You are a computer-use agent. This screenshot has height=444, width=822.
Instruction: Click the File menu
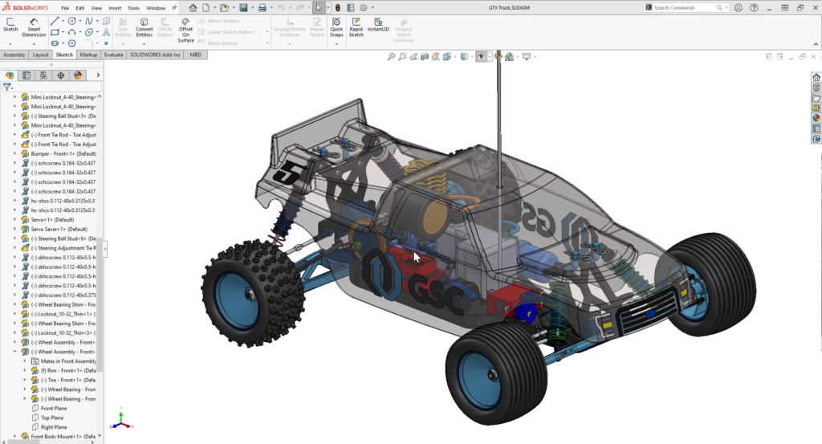pos(65,7)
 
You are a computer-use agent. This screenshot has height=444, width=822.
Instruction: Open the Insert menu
pos(115,7)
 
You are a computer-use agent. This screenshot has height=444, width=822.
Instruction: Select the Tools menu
pos(134,7)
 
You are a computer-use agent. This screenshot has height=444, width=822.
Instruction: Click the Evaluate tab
pos(113,55)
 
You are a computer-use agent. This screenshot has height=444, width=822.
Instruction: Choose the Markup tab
pos(88,55)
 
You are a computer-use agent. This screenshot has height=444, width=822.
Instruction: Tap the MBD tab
pos(194,55)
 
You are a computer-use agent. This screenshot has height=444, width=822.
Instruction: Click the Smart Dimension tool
pos(34,28)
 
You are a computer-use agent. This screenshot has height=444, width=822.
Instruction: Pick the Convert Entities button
pos(144,28)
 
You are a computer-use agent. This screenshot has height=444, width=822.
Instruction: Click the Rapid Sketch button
pos(356,28)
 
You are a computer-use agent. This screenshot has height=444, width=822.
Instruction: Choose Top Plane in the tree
pos(52,418)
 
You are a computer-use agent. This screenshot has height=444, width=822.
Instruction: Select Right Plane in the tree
pos(54,427)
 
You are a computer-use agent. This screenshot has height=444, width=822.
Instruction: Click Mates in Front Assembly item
pos(67,360)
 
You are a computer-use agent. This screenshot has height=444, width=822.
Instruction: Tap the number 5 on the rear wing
pos(284,172)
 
